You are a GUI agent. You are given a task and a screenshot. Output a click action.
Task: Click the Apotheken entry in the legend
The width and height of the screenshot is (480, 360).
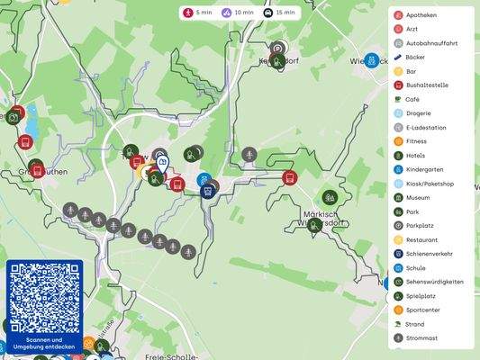[x=421, y=15]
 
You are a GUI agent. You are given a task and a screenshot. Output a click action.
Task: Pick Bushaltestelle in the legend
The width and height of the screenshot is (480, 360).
[x=426, y=85]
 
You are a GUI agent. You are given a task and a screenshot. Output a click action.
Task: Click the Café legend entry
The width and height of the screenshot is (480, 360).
[x=412, y=99]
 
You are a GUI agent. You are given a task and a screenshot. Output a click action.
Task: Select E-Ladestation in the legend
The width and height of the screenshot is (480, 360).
[x=425, y=127]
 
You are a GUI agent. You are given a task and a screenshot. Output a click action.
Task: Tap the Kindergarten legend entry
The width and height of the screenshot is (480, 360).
[x=424, y=169]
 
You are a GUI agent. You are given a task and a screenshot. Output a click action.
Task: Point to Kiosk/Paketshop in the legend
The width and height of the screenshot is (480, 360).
[x=430, y=184]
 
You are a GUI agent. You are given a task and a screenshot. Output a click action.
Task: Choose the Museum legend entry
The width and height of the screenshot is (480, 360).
[x=418, y=197]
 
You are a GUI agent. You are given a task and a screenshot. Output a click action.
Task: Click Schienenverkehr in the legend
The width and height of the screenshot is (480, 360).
[x=430, y=254]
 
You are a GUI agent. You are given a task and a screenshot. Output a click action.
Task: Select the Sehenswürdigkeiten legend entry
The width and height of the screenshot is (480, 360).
[x=434, y=282]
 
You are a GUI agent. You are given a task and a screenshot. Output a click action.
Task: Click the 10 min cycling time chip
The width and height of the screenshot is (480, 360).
[x=236, y=13]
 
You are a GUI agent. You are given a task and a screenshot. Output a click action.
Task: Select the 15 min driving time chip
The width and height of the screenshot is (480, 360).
[x=278, y=13]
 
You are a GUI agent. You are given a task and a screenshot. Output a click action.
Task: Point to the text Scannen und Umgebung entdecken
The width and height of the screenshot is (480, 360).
[x=44, y=343]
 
